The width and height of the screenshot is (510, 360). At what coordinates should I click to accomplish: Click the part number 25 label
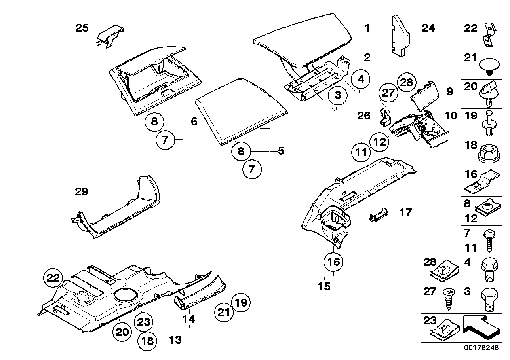coord(82,28)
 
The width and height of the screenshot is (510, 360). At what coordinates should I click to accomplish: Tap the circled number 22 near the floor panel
coord(53,278)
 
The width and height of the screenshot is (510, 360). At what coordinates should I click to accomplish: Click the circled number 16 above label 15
coord(333,261)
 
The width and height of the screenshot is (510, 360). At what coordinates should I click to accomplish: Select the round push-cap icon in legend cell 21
coord(489,66)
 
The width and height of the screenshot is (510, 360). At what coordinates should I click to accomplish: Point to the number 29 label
coord(82,192)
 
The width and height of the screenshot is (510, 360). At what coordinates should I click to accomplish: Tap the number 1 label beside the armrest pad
coord(367,28)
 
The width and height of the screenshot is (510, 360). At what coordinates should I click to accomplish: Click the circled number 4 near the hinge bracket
coord(360,79)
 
